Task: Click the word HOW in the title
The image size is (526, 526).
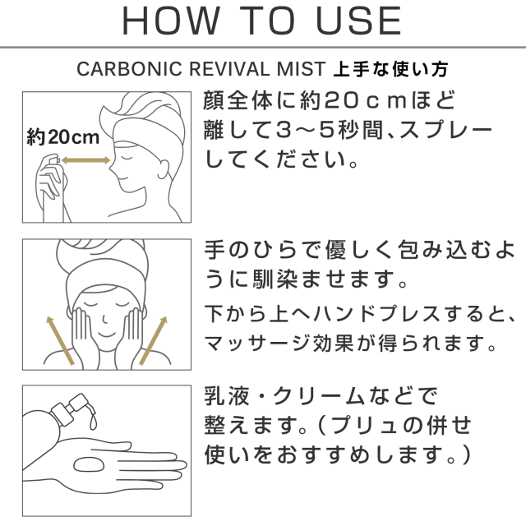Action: click(x=171, y=21)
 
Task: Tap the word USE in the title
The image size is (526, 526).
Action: click(x=358, y=21)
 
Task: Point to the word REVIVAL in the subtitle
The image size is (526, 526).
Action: click(x=228, y=69)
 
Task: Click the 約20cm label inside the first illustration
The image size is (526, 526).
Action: click(x=62, y=137)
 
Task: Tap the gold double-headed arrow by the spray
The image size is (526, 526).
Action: click(x=85, y=160)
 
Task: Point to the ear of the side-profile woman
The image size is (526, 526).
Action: click(x=164, y=167)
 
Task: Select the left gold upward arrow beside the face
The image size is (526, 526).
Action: click(x=60, y=340)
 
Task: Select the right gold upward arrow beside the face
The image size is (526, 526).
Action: click(x=153, y=340)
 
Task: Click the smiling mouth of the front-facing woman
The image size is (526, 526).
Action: click(x=108, y=335)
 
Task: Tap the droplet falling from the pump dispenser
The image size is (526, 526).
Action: click(x=93, y=422)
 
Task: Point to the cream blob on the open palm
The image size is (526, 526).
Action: click(x=89, y=465)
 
